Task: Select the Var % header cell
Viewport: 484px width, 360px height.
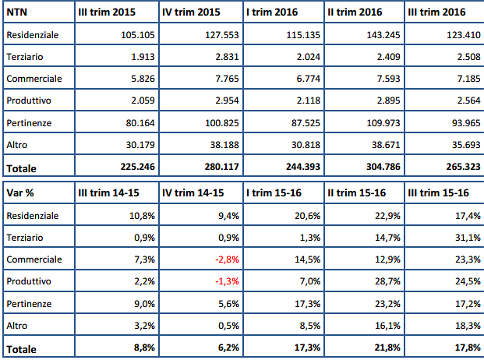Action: [x=19, y=192]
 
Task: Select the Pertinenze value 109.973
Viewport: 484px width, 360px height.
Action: [x=380, y=123]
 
